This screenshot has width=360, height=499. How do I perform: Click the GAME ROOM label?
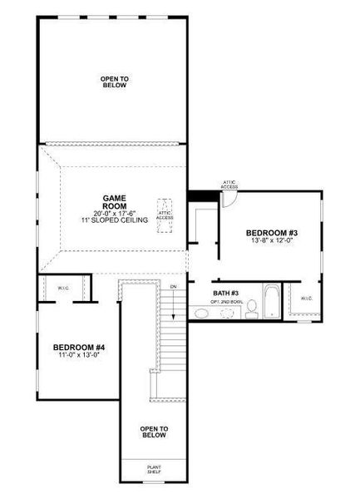(x=114, y=202)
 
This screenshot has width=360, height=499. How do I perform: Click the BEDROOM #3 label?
(x=271, y=232)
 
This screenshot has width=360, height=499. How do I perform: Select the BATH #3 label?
(x=225, y=293)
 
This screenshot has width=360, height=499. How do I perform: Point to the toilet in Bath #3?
(x=250, y=309)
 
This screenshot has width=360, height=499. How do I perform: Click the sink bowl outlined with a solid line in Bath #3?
(x=202, y=314)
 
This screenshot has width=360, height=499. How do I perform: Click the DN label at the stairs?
(x=173, y=287)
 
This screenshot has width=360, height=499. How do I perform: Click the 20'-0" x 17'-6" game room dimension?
(x=114, y=213)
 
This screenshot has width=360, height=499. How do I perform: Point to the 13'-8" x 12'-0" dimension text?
(x=271, y=241)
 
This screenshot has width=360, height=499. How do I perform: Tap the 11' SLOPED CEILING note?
(x=114, y=220)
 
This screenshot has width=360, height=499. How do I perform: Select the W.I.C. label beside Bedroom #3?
(x=306, y=297)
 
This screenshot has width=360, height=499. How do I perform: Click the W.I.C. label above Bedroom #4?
(x=63, y=289)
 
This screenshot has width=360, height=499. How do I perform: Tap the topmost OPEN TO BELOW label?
(x=114, y=82)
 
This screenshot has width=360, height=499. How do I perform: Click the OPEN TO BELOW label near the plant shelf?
(x=154, y=432)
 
